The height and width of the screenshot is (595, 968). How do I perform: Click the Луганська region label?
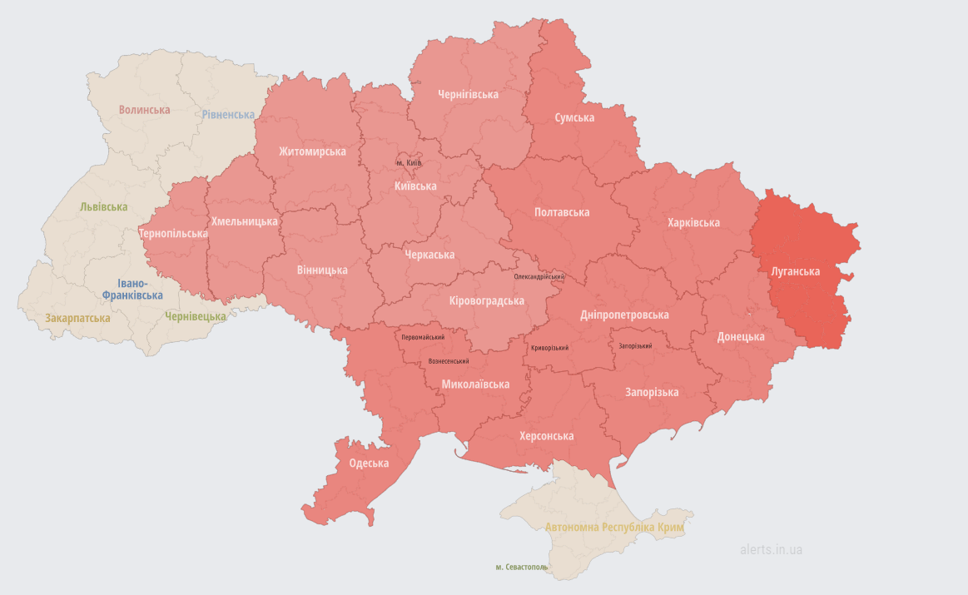[x=795, y=271]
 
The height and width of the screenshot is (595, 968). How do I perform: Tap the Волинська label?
[x=144, y=110]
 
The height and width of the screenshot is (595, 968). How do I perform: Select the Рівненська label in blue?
[x=228, y=114]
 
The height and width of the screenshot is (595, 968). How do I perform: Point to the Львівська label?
[x=104, y=206]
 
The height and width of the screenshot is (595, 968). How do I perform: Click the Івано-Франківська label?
[x=132, y=290]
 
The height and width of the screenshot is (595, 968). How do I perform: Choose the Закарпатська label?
[x=77, y=318]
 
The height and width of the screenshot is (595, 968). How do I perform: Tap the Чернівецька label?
[x=196, y=316]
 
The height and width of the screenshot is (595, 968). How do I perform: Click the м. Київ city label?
[x=409, y=163]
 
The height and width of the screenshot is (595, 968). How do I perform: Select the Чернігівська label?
[x=468, y=94]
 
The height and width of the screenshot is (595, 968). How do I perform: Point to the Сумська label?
[x=574, y=117]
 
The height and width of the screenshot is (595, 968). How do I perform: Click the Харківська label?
[x=693, y=222]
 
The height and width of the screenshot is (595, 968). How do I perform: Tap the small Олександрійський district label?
[x=539, y=276]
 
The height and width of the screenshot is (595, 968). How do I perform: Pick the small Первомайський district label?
[x=422, y=337]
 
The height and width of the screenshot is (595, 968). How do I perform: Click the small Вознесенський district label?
[x=449, y=361]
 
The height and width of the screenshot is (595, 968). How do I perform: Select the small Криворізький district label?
[x=549, y=348]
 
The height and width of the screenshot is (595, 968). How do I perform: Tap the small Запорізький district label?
[x=634, y=345]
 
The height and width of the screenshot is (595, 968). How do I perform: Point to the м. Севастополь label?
[x=522, y=567]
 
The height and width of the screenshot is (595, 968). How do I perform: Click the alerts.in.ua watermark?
[x=771, y=549]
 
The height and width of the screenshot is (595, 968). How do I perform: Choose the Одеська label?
[x=369, y=464]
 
